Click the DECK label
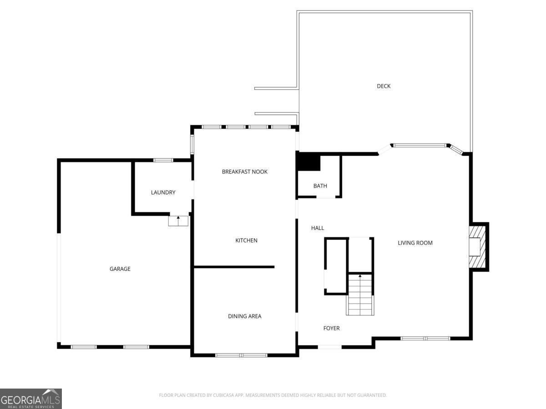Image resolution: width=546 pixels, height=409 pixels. (x=384, y=86)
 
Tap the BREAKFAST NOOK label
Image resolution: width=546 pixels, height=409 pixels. (x=245, y=172)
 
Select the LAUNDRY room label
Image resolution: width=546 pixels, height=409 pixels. (x=163, y=193)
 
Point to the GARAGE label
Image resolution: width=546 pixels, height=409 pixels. (x=120, y=269)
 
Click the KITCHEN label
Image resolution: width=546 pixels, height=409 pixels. (x=246, y=240)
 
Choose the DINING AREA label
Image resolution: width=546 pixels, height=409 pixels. (x=245, y=316)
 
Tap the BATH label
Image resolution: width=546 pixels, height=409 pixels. (x=320, y=186)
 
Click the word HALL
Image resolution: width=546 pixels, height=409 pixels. (x=318, y=228)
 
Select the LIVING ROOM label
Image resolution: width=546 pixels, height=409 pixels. (x=415, y=243)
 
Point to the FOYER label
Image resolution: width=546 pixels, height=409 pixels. (x=331, y=328)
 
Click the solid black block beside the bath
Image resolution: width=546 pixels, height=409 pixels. (x=308, y=162)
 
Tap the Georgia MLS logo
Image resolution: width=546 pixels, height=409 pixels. (x=30, y=399)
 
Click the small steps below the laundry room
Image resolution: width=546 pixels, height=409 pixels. (x=178, y=221)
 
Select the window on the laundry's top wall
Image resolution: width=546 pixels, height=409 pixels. (x=163, y=160)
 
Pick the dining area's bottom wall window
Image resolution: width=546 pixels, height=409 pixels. (x=241, y=355)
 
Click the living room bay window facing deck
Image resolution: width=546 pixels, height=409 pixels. (x=420, y=145)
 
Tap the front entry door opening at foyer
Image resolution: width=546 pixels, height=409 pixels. (x=329, y=347)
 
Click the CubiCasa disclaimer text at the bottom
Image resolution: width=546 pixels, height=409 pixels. (x=273, y=395)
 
